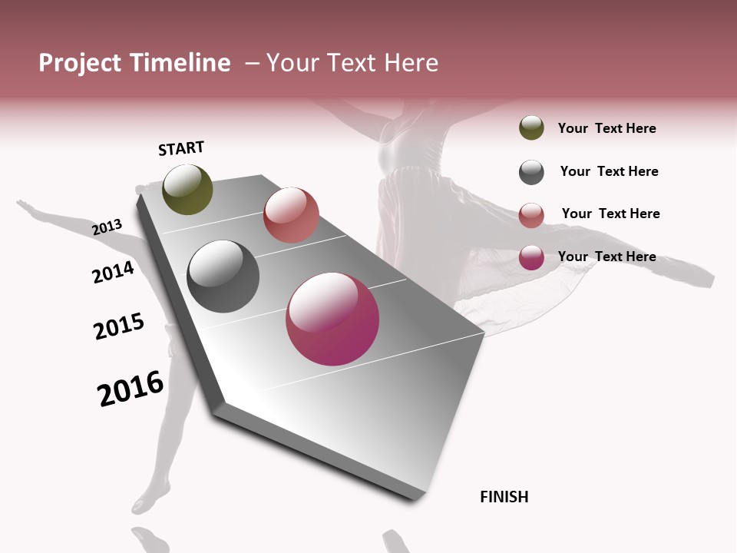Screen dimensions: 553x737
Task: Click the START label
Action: [x=181, y=148]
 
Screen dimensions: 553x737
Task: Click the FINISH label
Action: [x=504, y=497]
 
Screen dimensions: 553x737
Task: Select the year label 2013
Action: [x=107, y=227]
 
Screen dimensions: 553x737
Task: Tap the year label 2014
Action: [x=113, y=273]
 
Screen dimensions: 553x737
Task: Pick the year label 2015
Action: [x=119, y=326]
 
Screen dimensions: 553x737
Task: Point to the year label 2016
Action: [x=131, y=389]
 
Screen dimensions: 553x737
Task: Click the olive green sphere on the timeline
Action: [x=187, y=189]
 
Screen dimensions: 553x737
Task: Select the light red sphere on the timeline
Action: [x=291, y=215]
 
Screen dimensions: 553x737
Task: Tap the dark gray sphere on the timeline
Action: [x=223, y=276]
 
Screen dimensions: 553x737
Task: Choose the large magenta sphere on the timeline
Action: [x=332, y=319]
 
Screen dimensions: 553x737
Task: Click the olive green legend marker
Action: [x=531, y=128]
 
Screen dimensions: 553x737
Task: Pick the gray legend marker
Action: [x=531, y=172]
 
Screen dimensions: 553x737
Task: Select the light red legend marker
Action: [x=531, y=215]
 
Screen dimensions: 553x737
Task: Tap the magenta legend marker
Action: [x=531, y=257]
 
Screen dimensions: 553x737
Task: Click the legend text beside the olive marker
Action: [x=606, y=128]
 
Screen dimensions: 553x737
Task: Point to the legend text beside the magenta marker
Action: [x=606, y=257]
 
